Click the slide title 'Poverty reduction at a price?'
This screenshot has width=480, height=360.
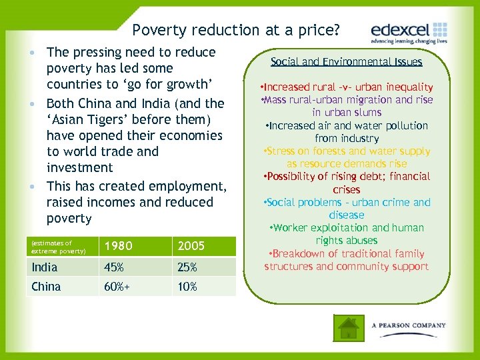(x=236, y=30)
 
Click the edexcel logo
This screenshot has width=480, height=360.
(x=409, y=31)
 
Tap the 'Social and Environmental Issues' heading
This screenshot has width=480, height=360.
(x=346, y=62)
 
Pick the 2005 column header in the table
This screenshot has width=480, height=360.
(x=191, y=246)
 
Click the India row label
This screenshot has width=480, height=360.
(x=45, y=267)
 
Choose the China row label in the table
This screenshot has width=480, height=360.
(x=46, y=287)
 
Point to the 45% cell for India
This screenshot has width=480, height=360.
(x=113, y=267)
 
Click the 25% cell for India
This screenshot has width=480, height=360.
(x=187, y=267)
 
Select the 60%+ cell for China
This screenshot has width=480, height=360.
(x=117, y=287)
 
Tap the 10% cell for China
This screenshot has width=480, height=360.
(x=187, y=287)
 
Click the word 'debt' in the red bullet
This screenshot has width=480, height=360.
(x=374, y=177)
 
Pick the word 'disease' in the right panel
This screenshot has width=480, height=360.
(x=347, y=215)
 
